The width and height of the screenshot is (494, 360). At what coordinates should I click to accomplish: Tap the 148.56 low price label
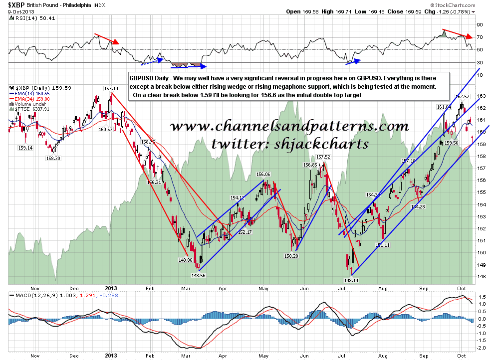click(199, 275)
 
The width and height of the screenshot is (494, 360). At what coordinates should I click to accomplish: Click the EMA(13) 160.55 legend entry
click(31, 93)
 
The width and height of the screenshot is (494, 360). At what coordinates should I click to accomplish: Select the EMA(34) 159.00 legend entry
click(31, 99)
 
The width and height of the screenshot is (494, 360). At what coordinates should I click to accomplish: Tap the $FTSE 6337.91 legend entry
click(31, 109)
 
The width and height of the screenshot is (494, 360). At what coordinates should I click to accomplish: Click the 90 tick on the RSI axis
click(480, 24)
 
